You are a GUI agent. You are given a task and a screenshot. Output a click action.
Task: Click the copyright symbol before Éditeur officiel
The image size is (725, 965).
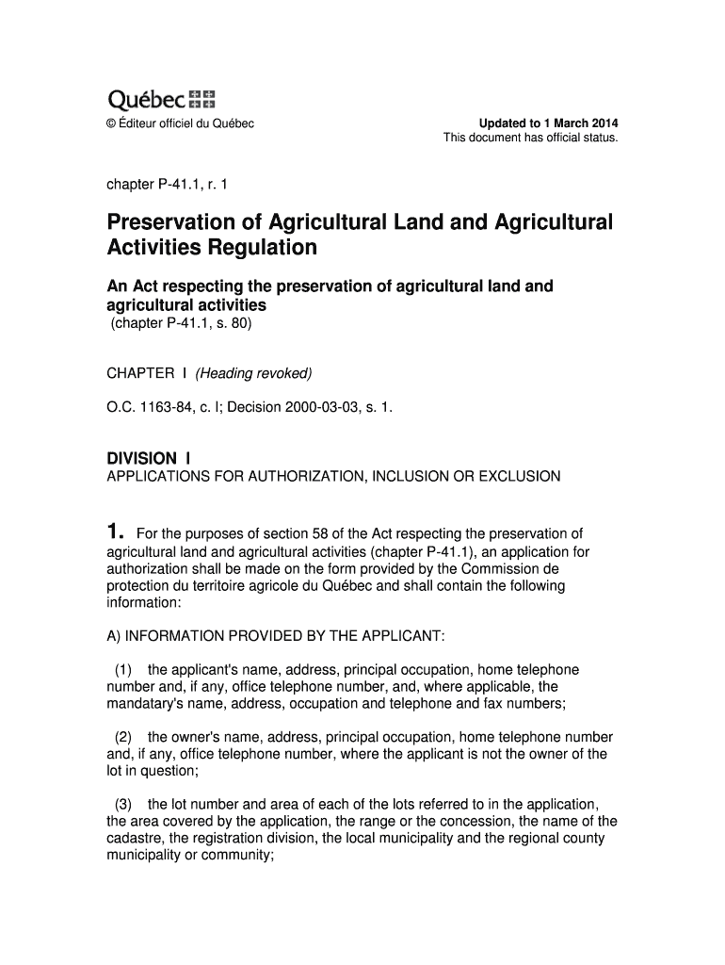click(111, 124)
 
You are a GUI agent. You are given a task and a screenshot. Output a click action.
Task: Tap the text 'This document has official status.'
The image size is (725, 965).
click(530, 139)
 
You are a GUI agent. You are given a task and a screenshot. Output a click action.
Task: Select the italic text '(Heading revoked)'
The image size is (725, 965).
click(253, 374)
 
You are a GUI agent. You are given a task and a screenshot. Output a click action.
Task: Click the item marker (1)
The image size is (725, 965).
click(123, 670)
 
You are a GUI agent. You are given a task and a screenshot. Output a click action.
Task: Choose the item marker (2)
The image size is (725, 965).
click(123, 737)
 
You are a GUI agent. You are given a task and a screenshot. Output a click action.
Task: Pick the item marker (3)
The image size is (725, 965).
click(123, 804)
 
